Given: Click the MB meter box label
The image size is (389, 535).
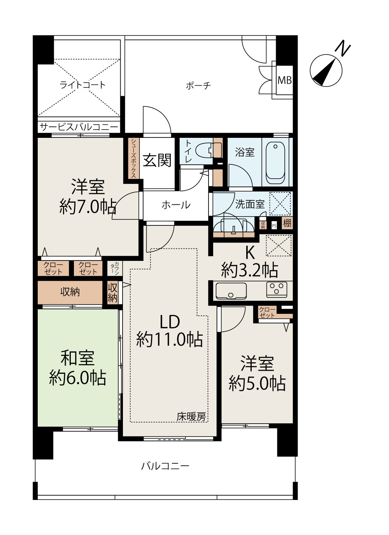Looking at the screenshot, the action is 284,80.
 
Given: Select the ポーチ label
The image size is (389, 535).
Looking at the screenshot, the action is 198,85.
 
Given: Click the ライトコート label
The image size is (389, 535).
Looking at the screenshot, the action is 82,85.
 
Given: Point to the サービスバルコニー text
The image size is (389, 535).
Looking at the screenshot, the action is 79,127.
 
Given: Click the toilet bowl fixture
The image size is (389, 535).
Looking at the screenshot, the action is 207,150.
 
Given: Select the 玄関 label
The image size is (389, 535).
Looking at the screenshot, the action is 157,160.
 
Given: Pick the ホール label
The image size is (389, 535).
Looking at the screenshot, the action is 176,205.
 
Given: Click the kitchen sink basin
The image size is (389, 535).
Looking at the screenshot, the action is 231,290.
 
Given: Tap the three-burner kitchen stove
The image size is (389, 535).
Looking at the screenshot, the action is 277,290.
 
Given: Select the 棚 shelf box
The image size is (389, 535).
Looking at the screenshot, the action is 287,223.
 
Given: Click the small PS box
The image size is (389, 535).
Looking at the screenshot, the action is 274,225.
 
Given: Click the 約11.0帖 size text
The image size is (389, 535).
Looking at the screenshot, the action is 170,340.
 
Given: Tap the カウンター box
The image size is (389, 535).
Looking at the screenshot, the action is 114,268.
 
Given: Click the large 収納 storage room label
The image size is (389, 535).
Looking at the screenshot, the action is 70,292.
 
